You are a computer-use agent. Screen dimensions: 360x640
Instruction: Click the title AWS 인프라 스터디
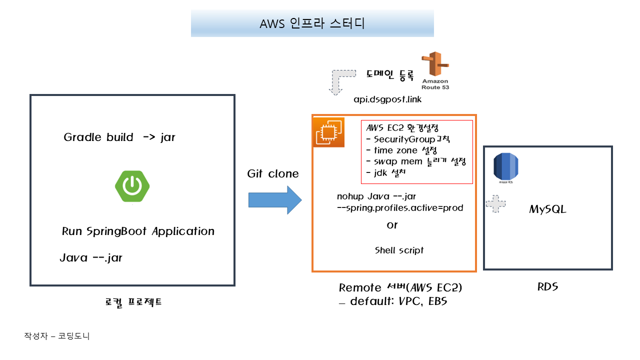[312, 24]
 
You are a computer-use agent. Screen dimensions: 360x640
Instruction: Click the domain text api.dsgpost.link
[387, 99]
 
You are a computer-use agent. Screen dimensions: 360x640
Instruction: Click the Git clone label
[273, 174]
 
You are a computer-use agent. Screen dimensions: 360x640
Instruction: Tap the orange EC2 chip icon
[328, 132]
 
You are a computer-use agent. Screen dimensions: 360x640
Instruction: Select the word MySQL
[547, 209]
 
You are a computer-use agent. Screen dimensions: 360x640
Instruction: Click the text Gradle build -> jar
[119, 137]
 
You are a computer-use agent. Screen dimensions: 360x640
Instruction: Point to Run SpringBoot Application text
[138, 231]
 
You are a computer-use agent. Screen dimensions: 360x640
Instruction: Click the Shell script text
[399, 250]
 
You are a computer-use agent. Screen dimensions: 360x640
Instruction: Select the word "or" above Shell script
[392, 225]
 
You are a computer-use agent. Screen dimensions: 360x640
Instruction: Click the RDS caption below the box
[547, 287]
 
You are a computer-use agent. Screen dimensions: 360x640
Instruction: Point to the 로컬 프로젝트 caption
[133, 302]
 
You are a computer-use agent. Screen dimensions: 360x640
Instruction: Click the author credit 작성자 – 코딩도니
[56, 336]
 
